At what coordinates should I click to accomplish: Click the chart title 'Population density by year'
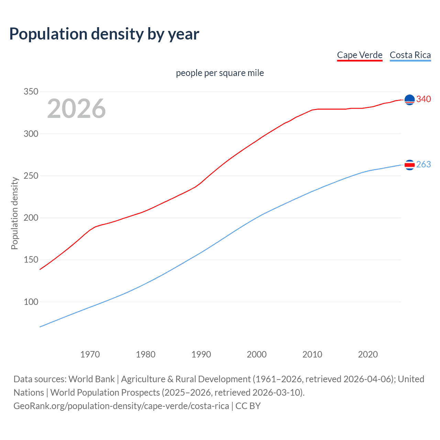pyautogui.click(x=104, y=34)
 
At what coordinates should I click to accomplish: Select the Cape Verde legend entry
pyautogui.click(x=360, y=55)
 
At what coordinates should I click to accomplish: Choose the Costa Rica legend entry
pyautogui.click(x=410, y=55)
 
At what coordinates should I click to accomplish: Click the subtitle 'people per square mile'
pyautogui.click(x=220, y=73)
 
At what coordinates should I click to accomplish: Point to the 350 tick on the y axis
pyautogui.click(x=31, y=92)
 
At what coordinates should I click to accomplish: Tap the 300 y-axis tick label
pyautogui.click(x=31, y=134)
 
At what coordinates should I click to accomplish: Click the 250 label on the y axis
pyautogui.click(x=31, y=176)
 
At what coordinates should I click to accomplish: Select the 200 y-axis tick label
pyautogui.click(x=31, y=218)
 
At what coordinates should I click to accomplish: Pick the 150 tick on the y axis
pyautogui.click(x=31, y=260)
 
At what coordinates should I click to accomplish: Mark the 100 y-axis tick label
pyautogui.click(x=31, y=302)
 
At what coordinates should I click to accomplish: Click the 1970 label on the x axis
pyautogui.click(x=90, y=354)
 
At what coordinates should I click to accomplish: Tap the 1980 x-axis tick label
pyautogui.click(x=146, y=354)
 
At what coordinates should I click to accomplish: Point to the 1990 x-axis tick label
pyautogui.click(x=201, y=354)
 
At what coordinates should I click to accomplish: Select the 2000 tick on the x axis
pyautogui.click(x=257, y=354)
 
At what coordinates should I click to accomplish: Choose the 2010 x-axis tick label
pyautogui.click(x=312, y=354)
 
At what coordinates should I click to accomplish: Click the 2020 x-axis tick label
pyautogui.click(x=368, y=354)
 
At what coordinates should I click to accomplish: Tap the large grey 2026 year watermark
pyautogui.click(x=76, y=109)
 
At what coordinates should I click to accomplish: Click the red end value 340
pyautogui.click(x=423, y=99)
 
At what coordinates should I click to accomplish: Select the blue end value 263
pyautogui.click(x=423, y=165)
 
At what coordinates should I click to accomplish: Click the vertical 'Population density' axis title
pyautogui.click(x=14, y=213)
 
